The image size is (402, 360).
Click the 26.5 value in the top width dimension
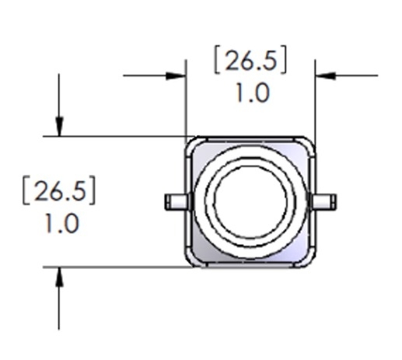[250, 61]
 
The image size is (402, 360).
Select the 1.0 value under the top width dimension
[253, 93]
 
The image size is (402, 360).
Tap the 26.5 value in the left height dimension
[60, 191]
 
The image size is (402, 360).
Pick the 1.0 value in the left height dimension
[61, 224]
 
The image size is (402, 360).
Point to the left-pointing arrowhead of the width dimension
[326, 75]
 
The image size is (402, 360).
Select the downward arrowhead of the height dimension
[59, 126]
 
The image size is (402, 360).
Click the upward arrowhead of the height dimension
[59, 277]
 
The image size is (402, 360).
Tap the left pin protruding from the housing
[177, 202]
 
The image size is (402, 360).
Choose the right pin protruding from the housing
[323, 202]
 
